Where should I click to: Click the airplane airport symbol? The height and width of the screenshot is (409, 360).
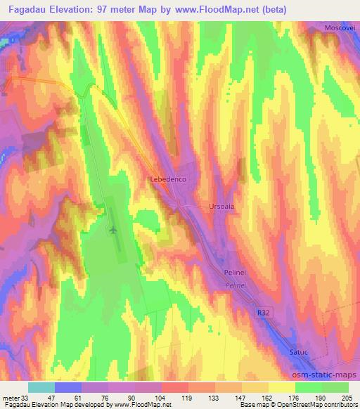pos(114,230)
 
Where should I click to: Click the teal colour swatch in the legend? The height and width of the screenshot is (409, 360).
pos(41,387)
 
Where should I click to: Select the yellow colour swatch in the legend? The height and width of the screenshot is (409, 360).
pos(281,387)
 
